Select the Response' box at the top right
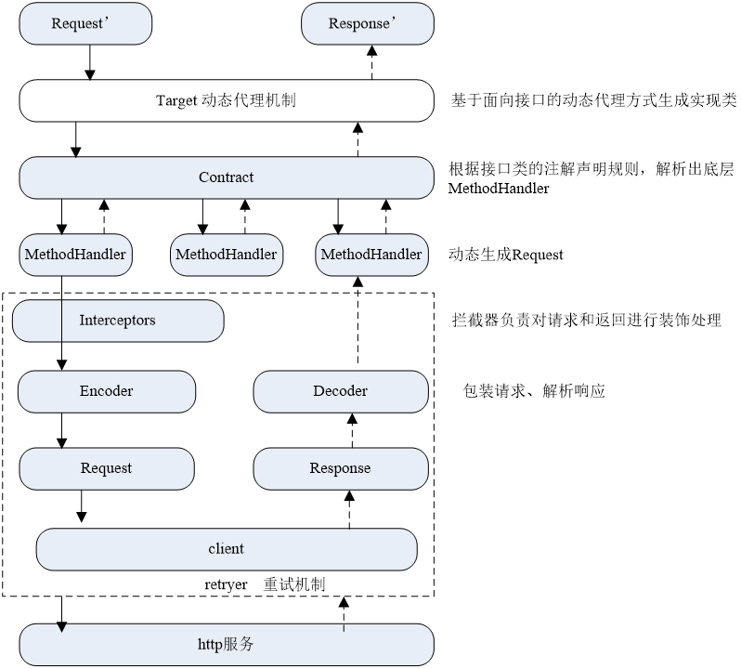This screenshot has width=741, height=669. pyautogui.click(x=367, y=23)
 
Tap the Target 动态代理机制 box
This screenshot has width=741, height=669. pyautogui.click(x=226, y=100)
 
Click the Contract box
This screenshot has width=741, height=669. pyautogui.click(x=226, y=177)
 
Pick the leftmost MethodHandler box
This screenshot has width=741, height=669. pyautogui.click(x=74, y=254)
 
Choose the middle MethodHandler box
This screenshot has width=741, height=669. pyautogui.click(x=226, y=254)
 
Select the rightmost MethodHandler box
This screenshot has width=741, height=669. pyautogui.click(x=370, y=254)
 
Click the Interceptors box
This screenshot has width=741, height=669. pyautogui.click(x=117, y=321)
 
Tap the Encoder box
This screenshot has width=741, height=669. pyautogui.click(x=107, y=391)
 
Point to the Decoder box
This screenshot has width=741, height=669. pyautogui.click(x=340, y=391)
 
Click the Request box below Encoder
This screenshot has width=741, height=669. pyautogui.click(x=107, y=468)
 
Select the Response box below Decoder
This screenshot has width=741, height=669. pyautogui.click(x=340, y=468)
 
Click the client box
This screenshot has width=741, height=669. pyautogui.click(x=226, y=549)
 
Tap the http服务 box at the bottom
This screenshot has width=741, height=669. pyautogui.click(x=226, y=644)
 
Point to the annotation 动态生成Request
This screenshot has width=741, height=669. pyautogui.click(x=506, y=255)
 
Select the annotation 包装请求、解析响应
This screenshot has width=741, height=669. pyautogui.click(x=534, y=391)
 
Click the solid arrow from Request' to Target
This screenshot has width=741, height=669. pyautogui.click(x=89, y=62)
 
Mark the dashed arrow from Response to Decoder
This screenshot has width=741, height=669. pyautogui.click(x=352, y=429)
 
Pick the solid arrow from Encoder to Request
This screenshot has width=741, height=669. pyautogui.click(x=62, y=429)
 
